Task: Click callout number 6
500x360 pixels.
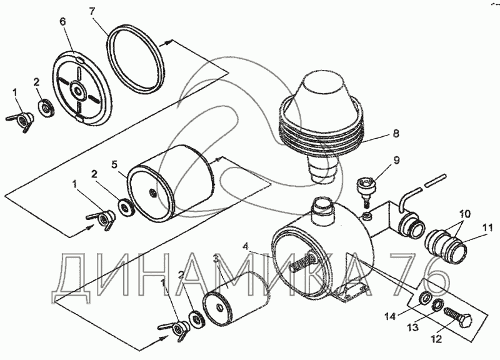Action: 62,22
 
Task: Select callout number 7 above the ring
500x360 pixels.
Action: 92,12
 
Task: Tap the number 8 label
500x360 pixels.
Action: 396,133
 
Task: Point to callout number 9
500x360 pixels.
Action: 396,160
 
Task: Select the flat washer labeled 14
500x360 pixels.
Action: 423,297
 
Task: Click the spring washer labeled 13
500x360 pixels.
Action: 436,306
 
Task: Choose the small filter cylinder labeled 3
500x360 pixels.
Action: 234,299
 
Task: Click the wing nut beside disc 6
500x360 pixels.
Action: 19,121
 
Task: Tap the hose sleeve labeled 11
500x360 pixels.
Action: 446,243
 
